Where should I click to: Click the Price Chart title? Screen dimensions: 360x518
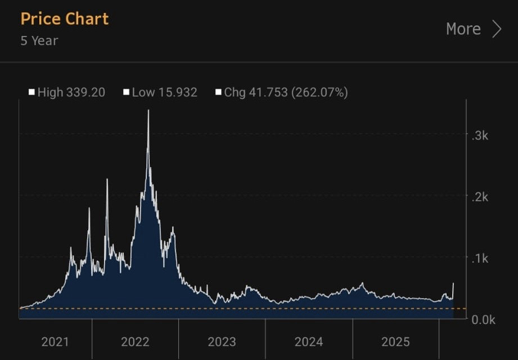pyautogui.click(x=65, y=19)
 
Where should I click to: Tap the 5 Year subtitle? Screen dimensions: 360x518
pyautogui.click(x=39, y=40)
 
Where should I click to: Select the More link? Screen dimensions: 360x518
pyautogui.click(x=463, y=29)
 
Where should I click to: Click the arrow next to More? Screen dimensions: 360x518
pyautogui.click(x=496, y=29)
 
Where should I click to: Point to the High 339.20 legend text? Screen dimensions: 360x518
pyautogui.click(x=71, y=92)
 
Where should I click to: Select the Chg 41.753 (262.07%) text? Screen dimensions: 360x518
pyautogui.click(x=286, y=92)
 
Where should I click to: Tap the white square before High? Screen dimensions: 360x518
pyautogui.click(x=32, y=92)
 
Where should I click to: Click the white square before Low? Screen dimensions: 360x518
pyautogui.click(x=127, y=92)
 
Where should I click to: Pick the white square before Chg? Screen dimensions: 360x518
pyautogui.click(x=218, y=92)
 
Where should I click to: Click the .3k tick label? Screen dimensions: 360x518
pyautogui.click(x=479, y=136)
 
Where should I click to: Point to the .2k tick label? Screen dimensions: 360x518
pyautogui.click(x=479, y=197)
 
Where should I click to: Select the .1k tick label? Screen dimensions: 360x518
pyautogui.click(x=479, y=259)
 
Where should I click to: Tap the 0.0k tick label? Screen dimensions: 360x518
pyautogui.click(x=483, y=319)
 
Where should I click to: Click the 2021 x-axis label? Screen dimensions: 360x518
pyautogui.click(x=55, y=341)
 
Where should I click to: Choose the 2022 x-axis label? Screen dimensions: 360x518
pyautogui.click(x=135, y=341)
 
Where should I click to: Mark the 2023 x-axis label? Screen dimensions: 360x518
pyautogui.click(x=222, y=341)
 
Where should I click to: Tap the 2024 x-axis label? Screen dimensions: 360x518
pyautogui.click(x=309, y=341)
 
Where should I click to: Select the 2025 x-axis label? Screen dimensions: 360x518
pyautogui.click(x=395, y=341)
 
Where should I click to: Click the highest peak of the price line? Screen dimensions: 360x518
pyautogui.click(x=148, y=111)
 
